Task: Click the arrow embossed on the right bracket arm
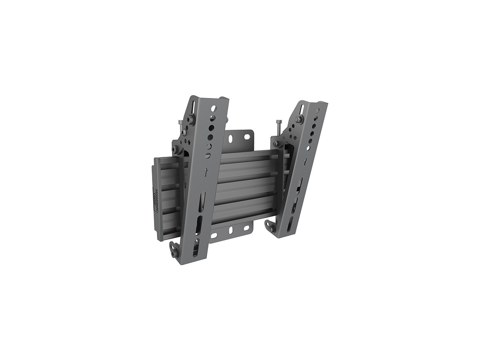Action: tap(305, 161)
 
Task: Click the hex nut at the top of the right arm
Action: tap(298, 120)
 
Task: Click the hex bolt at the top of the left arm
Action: tap(192, 120)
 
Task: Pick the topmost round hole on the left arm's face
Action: tap(213, 108)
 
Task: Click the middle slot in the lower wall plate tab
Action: tap(231, 231)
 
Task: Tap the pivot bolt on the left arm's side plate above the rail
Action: tap(174, 150)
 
